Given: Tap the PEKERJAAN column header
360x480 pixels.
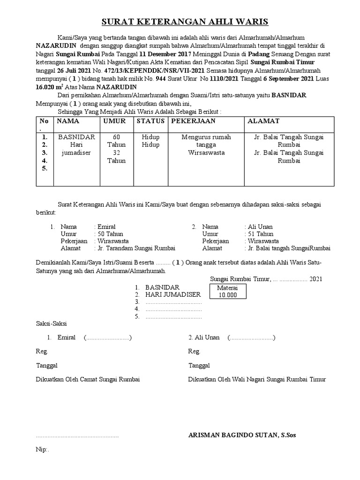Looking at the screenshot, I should pyautogui.click(x=193, y=121).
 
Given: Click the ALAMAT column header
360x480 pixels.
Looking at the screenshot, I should pyautogui.click(x=263, y=121).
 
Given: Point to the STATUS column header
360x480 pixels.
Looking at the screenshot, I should pyautogui.click(x=150, y=121).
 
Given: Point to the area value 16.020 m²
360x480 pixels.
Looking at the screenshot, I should pyautogui.click(x=50, y=87).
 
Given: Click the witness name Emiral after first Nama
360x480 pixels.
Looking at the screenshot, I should pyautogui.click(x=105, y=226).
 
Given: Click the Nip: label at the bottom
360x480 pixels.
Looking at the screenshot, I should pyautogui.click(x=42, y=449).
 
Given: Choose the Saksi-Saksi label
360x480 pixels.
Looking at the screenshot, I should pyautogui.click(x=52, y=323).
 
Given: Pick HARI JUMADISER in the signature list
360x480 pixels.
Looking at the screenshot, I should pyautogui.click(x=173, y=294).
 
